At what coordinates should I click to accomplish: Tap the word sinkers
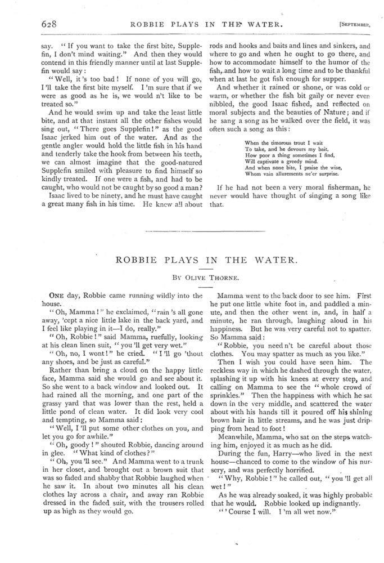click(x=342, y=48)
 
